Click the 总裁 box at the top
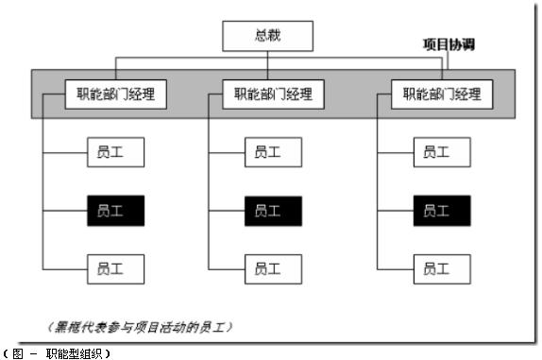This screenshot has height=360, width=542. coord(268,37)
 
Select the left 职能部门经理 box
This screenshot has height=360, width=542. coord(116,94)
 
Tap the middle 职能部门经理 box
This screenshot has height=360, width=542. coord(273,94)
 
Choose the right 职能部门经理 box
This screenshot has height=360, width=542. coord(441,94)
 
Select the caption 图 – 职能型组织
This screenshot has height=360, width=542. coord(59,352)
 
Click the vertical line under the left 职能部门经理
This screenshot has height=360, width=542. coord(44,189)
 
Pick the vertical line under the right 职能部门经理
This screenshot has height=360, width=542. coord(377,189)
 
